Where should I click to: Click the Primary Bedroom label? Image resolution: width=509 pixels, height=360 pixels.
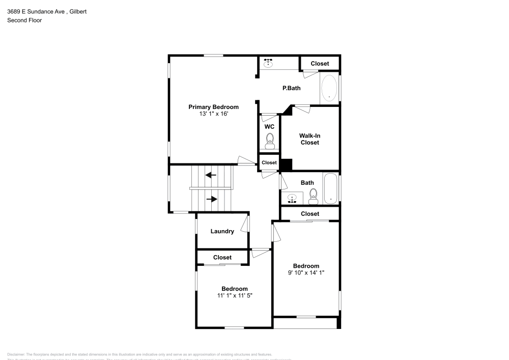coord(213,107)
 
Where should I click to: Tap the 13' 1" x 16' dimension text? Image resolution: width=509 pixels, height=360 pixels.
coord(213,115)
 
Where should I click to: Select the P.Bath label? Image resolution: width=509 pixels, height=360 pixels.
coord(291,88)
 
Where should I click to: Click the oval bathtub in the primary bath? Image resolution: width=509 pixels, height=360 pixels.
coord(329,88)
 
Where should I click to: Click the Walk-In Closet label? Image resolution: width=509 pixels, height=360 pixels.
coord(309,139)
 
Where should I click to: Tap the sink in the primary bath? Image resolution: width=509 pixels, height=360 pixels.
coord(268,64)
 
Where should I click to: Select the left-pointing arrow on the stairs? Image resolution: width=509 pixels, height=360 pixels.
coord(210,176)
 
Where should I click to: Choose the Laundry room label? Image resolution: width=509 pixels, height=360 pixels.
coord(222,231)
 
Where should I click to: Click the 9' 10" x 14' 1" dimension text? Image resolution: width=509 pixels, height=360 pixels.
coord(306,273)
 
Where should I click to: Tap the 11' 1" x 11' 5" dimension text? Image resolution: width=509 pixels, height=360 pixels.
coord(234,296)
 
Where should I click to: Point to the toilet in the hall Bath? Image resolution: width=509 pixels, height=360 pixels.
coord(313,196)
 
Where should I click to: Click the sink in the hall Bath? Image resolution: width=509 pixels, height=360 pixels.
coord(292,198)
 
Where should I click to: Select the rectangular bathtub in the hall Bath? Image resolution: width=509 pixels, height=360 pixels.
coord(331,188)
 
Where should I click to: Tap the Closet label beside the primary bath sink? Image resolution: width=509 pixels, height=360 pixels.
coord(320,64)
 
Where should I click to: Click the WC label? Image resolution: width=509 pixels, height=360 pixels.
coord(269,126)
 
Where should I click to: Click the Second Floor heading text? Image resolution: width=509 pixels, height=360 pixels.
coord(24,20)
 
